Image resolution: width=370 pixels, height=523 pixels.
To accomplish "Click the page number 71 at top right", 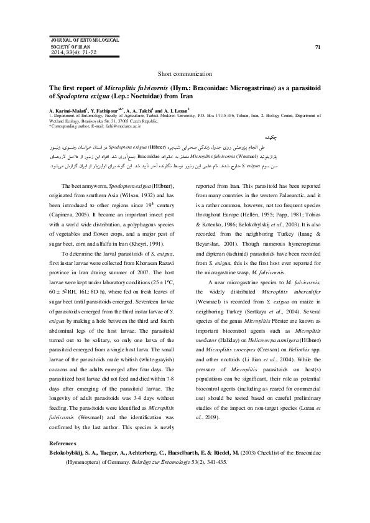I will pos(318,47).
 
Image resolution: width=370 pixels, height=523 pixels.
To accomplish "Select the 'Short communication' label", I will pos(185,73).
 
